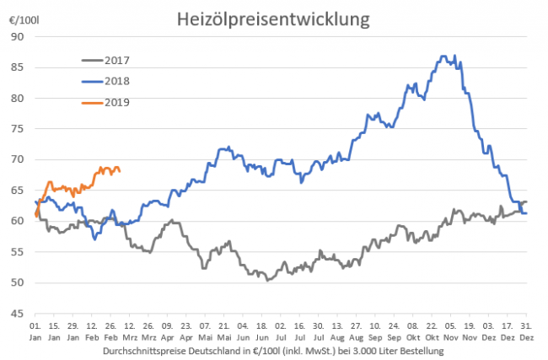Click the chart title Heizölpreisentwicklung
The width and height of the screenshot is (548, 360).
pos(275,17)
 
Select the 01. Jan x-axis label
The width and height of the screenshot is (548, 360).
pos(36,330)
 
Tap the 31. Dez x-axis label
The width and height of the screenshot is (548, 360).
pos(526,330)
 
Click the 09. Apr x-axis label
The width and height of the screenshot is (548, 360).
pos(168,330)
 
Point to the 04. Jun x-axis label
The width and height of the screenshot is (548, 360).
pos(243,330)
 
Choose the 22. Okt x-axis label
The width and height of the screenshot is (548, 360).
pos(432,330)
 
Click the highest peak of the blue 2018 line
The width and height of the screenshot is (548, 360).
pos(445,56)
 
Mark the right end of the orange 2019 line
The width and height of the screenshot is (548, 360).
pos(120,171)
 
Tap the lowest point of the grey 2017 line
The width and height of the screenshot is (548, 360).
pos(267,279)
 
